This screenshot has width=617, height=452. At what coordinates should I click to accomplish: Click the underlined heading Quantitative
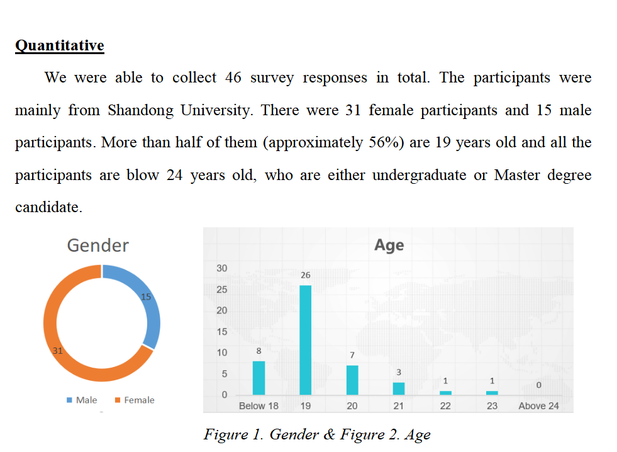(x=59, y=46)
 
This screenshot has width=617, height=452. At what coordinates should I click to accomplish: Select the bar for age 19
(x=305, y=340)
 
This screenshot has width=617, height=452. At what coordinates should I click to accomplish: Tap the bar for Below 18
(x=258, y=378)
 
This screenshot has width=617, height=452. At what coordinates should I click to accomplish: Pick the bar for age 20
(x=352, y=380)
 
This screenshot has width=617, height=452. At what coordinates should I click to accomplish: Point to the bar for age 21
(x=399, y=388)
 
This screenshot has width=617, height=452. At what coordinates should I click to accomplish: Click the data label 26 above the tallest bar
(x=305, y=276)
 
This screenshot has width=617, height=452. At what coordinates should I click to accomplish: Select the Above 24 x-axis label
(x=538, y=406)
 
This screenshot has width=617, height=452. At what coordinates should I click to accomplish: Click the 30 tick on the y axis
(x=221, y=268)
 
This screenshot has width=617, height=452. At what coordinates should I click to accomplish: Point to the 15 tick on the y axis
(x=221, y=332)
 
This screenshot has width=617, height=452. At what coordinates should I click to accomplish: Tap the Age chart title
(x=389, y=245)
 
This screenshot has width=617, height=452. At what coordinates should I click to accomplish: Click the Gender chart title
(x=97, y=245)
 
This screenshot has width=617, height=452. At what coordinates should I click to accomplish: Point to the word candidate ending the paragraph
(x=48, y=207)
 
